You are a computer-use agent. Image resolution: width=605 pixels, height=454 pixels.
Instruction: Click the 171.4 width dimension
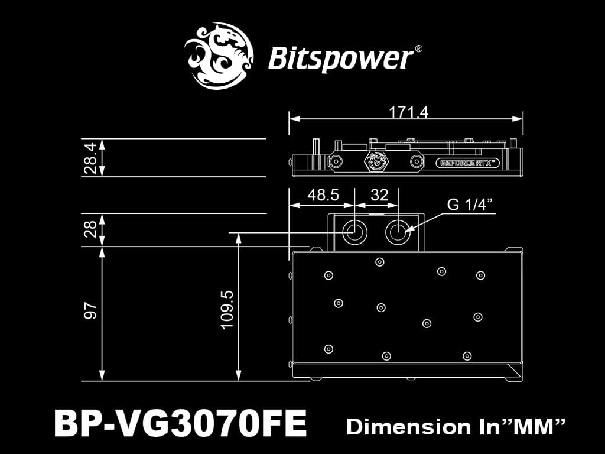point(408,112)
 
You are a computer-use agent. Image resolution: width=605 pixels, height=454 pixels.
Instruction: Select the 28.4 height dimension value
point(90,158)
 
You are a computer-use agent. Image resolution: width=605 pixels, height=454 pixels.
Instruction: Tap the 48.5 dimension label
point(323,196)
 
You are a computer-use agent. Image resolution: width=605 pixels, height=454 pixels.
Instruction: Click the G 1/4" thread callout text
point(470,205)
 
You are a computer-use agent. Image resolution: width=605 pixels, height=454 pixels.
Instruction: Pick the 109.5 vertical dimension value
point(227,309)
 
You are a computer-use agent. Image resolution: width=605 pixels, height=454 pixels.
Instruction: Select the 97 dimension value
point(90,312)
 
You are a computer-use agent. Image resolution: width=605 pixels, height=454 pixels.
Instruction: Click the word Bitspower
point(340,59)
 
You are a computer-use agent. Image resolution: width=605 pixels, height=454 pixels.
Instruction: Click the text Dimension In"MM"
point(456,426)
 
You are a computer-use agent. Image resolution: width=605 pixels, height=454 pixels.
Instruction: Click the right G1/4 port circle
point(396,232)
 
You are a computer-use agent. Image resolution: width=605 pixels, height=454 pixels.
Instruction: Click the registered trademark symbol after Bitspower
point(418,50)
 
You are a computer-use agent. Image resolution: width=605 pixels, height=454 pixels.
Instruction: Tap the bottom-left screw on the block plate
point(328,347)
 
